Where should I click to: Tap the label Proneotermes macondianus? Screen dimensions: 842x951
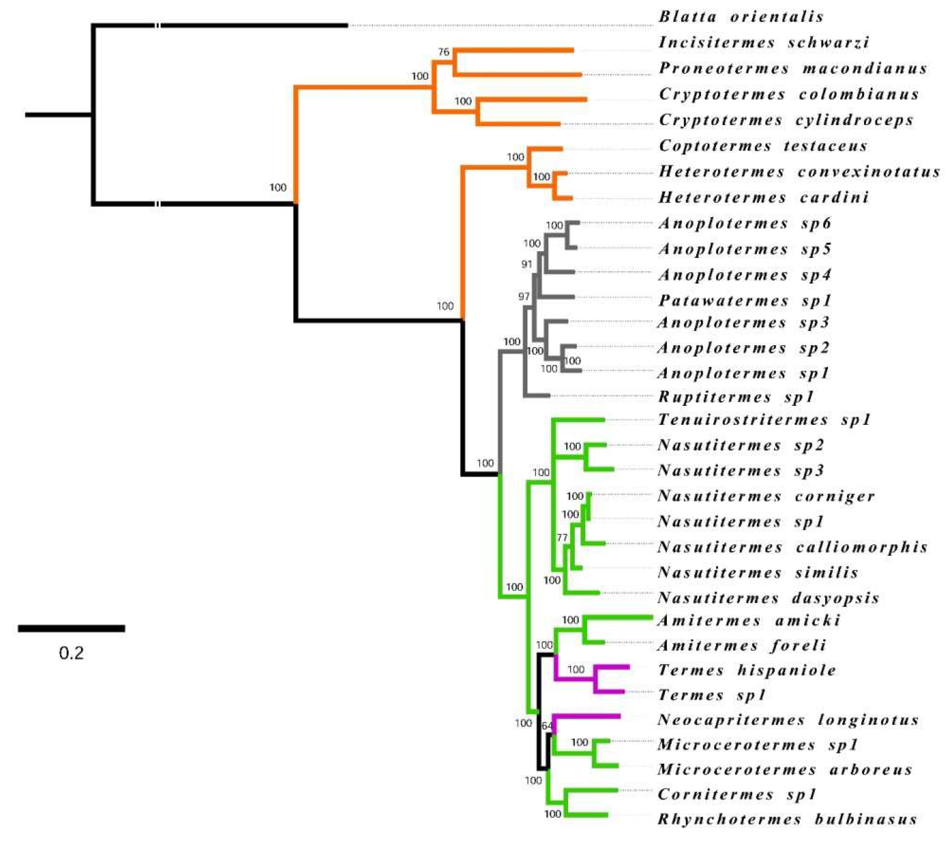pyautogui.click(x=793, y=69)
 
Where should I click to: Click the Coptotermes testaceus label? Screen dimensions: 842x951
pyautogui.click(x=763, y=146)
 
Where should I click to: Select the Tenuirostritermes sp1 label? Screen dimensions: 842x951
pyautogui.click(x=764, y=420)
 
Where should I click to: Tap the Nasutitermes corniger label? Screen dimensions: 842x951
pyautogui.click(x=766, y=496)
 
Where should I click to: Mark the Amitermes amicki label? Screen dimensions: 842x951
pyautogui.click(x=749, y=621)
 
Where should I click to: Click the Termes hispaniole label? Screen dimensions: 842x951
pyautogui.click(x=747, y=670)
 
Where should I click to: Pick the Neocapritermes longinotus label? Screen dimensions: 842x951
pyautogui.click(x=788, y=721)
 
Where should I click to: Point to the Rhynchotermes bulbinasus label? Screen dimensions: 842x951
pyautogui.click(x=787, y=819)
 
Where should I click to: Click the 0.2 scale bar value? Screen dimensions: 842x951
pyautogui.click(x=71, y=654)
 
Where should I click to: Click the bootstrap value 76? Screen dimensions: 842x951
pyautogui.click(x=444, y=52)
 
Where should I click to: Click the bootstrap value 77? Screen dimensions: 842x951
pyautogui.click(x=562, y=538)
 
